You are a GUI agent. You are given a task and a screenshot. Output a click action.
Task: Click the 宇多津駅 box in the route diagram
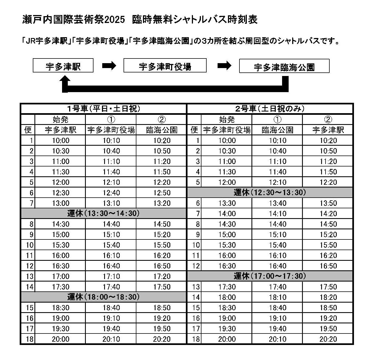pyautogui.click(x=63, y=66)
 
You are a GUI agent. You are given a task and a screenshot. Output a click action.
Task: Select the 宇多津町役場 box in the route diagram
pyautogui.click(x=165, y=66)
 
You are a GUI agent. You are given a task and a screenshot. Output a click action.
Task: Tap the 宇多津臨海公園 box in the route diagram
pyautogui.click(x=284, y=66)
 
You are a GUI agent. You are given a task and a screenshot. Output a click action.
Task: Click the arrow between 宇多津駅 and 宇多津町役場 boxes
pyautogui.click(x=109, y=66)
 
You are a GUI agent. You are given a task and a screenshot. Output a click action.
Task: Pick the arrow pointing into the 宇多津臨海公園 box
pyautogui.click(x=224, y=66)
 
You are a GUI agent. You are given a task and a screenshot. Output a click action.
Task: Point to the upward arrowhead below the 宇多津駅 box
pyautogui.click(x=65, y=81)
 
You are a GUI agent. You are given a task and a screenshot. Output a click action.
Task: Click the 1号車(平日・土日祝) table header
pyautogui.click(x=104, y=109)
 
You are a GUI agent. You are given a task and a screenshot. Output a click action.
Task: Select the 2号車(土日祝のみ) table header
pyautogui.click(x=270, y=109)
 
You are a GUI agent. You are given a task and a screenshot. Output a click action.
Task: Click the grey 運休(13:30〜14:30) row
pyautogui.click(x=104, y=213)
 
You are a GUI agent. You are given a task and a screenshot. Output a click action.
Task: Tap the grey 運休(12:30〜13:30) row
pyautogui.click(x=270, y=192)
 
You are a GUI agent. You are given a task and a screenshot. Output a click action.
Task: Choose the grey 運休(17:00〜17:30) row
pyautogui.click(x=270, y=276)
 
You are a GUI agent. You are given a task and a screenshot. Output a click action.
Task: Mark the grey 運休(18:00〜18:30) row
pyautogui.click(x=104, y=297)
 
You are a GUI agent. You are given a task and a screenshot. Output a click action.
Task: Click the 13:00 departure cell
pyautogui.click(x=61, y=203)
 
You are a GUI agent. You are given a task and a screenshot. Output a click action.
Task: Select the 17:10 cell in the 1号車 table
pyautogui.click(x=111, y=276)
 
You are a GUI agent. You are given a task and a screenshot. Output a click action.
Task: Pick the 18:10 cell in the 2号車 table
pyautogui.click(x=277, y=297)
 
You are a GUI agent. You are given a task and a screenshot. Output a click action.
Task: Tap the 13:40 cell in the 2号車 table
pyautogui.click(x=277, y=203)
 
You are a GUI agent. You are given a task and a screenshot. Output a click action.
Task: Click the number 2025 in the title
pyautogui.click(x=115, y=20)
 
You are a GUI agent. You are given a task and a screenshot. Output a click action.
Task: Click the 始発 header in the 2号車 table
pyautogui.click(x=227, y=119)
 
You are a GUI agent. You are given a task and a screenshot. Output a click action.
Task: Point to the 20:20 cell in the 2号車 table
pyautogui.click(x=328, y=339)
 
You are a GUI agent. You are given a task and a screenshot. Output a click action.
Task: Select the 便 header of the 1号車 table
pyautogui.click(x=28, y=130)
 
